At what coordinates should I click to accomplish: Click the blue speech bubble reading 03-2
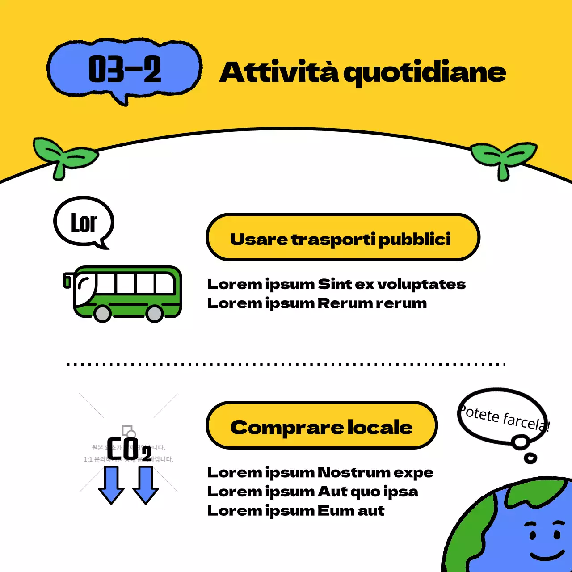(x=124, y=70)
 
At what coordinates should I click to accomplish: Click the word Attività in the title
(x=279, y=72)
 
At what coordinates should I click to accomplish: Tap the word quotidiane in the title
(x=425, y=73)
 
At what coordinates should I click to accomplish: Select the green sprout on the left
(x=64, y=156)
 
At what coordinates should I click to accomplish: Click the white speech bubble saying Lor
(x=84, y=222)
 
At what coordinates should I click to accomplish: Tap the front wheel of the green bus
(x=103, y=313)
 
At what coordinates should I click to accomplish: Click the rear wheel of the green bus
(x=155, y=313)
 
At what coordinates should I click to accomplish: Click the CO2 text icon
(x=129, y=449)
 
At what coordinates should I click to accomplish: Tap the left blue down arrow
(x=111, y=484)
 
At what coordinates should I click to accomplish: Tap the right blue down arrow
(x=146, y=484)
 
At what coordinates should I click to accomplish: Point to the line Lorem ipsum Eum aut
(x=295, y=511)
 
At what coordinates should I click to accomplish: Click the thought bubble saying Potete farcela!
(x=503, y=416)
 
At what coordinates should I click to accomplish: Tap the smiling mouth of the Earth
(x=547, y=556)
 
